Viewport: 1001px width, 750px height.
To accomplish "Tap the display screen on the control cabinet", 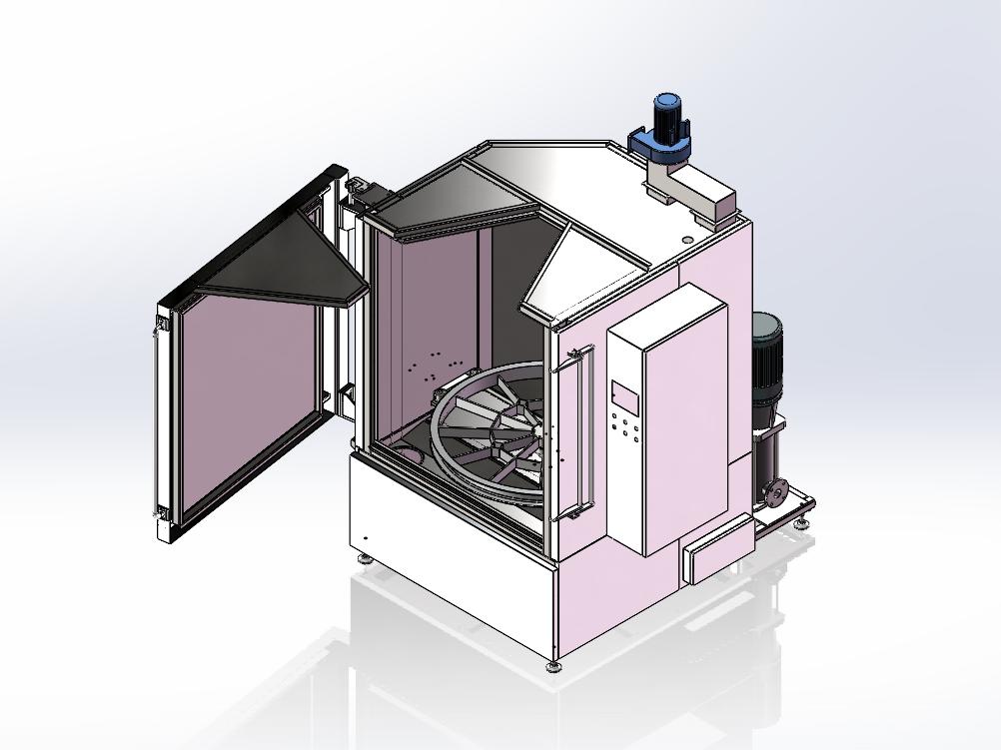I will coord(626,395).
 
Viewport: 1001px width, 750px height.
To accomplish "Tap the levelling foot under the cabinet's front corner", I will coord(553,665).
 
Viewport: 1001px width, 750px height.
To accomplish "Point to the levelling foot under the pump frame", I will coord(800,519).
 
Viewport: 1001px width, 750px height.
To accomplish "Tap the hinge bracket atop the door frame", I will coord(358,187).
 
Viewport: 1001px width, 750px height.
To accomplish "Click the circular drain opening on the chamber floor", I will coord(409,454).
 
